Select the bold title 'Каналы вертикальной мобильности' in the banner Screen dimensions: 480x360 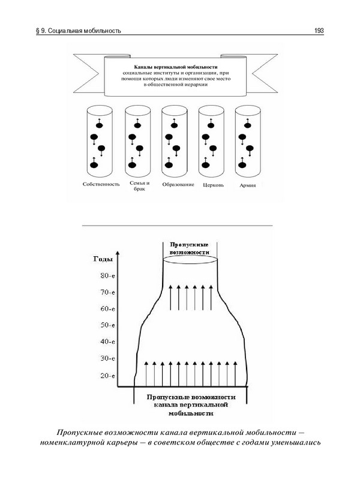pos(172,67)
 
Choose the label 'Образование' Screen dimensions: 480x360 pos(178,184)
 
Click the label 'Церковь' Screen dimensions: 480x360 pos(214,184)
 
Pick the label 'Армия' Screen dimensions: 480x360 pos(248,184)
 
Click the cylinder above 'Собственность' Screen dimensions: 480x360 pos(100,140)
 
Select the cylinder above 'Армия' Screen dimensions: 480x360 pos(247,140)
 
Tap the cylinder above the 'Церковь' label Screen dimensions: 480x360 pos(211,140)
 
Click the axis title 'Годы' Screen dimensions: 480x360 pos(103,259)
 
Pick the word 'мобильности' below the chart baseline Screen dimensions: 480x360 pos(190,414)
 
